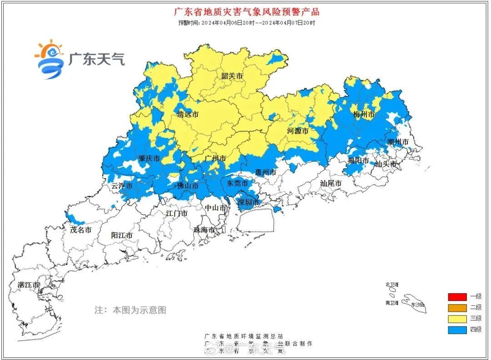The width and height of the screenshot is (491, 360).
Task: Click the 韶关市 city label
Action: click(x=232, y=76)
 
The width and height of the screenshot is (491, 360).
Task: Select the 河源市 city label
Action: click(x=298, y=131)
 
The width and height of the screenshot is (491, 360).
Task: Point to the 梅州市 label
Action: click(x=364, y=115)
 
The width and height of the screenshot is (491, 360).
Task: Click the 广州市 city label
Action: click(x=215, y=159)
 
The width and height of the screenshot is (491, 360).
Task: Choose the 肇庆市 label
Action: click(x=149, y=159)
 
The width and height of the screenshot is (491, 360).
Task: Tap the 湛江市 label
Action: click(x=29, y=285)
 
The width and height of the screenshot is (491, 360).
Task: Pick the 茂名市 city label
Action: click(x=81, y=230)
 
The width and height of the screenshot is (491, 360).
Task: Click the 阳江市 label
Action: click(x=122, y=235)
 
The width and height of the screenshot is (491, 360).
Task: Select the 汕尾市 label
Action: click(x=331, y=183)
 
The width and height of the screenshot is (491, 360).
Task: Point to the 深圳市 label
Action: click(x=249, y=202)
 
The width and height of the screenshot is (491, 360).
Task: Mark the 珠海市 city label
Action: click(x=205, y=230)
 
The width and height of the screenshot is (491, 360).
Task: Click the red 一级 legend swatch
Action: click(x=457, y=297)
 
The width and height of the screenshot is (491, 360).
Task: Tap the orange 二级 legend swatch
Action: click(x=457, y=308)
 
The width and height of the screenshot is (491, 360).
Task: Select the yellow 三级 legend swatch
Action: click(x=457, y=319)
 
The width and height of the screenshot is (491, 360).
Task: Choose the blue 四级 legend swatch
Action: click(x=457, y=330)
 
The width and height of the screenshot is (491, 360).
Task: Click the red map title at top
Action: click(x=246, y=12)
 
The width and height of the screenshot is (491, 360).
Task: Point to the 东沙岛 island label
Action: click(x=416, y=305)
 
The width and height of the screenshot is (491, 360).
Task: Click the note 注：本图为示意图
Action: click(x=130, y=310)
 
